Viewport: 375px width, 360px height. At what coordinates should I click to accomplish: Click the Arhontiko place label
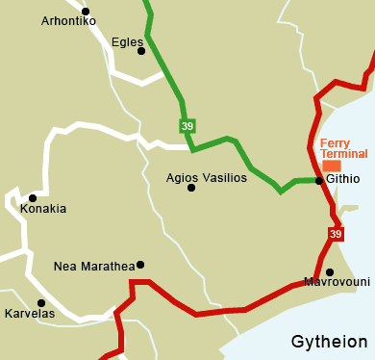pos(68,21)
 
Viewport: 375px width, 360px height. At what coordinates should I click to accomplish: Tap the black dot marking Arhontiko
pos(86,12)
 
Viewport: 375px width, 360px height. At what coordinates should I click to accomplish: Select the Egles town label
pos(127,42)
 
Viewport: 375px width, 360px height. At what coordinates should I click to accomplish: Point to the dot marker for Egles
pos(141,51)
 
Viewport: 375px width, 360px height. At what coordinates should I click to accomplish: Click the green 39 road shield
pos(187,126)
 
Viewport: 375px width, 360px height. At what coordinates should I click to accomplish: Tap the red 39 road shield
pos(335,234)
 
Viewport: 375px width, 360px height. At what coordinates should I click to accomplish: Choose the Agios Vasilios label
pos(206,178)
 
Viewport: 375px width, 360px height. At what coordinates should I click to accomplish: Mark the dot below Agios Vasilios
pos(190,188)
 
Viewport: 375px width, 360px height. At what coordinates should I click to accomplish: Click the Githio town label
pos(343,179)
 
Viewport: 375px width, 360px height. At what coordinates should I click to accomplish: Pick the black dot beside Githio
pos(318,180)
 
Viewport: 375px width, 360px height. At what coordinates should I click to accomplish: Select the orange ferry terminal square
pos(331,166)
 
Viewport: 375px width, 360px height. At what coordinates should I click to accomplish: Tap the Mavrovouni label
pos(336,282)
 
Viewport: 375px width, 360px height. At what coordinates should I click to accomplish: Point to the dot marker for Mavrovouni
pos(329,271)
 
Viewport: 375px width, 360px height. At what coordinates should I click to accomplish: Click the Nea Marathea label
pos(93,266)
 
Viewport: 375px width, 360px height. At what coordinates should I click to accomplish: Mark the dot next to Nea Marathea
pos(140,265)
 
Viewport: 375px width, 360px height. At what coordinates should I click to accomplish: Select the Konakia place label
pos(43,209)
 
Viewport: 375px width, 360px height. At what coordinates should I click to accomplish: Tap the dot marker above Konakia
pos(32,198)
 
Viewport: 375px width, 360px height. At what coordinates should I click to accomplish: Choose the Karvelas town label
pos(30,314)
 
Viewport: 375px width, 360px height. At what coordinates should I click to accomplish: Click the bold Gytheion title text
pos(330,343)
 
